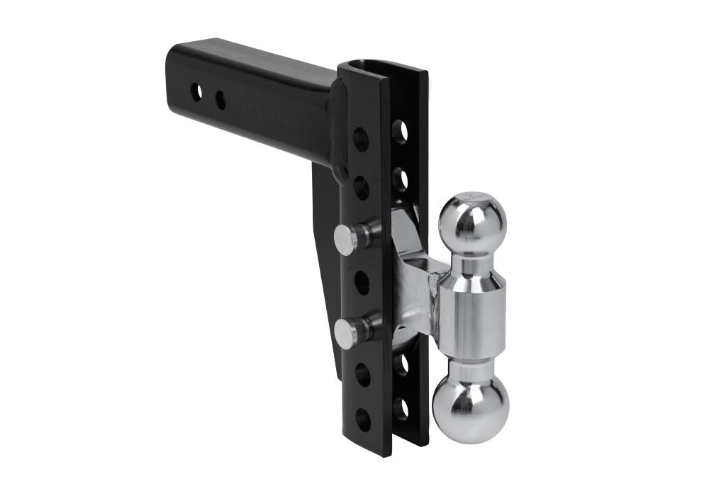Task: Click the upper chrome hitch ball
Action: pyautogui.click(x=472, y=222)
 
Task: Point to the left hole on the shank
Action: pyautogui.click(x=196, y=92)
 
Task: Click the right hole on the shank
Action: pyautogui.click(x=220, y=100)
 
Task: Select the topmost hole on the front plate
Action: pyautogui.click(x=361, y=137)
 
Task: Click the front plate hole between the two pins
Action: pyautogui.click(x=362, y=284)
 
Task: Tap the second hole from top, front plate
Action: pyautogui.click(x=361, y=186)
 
